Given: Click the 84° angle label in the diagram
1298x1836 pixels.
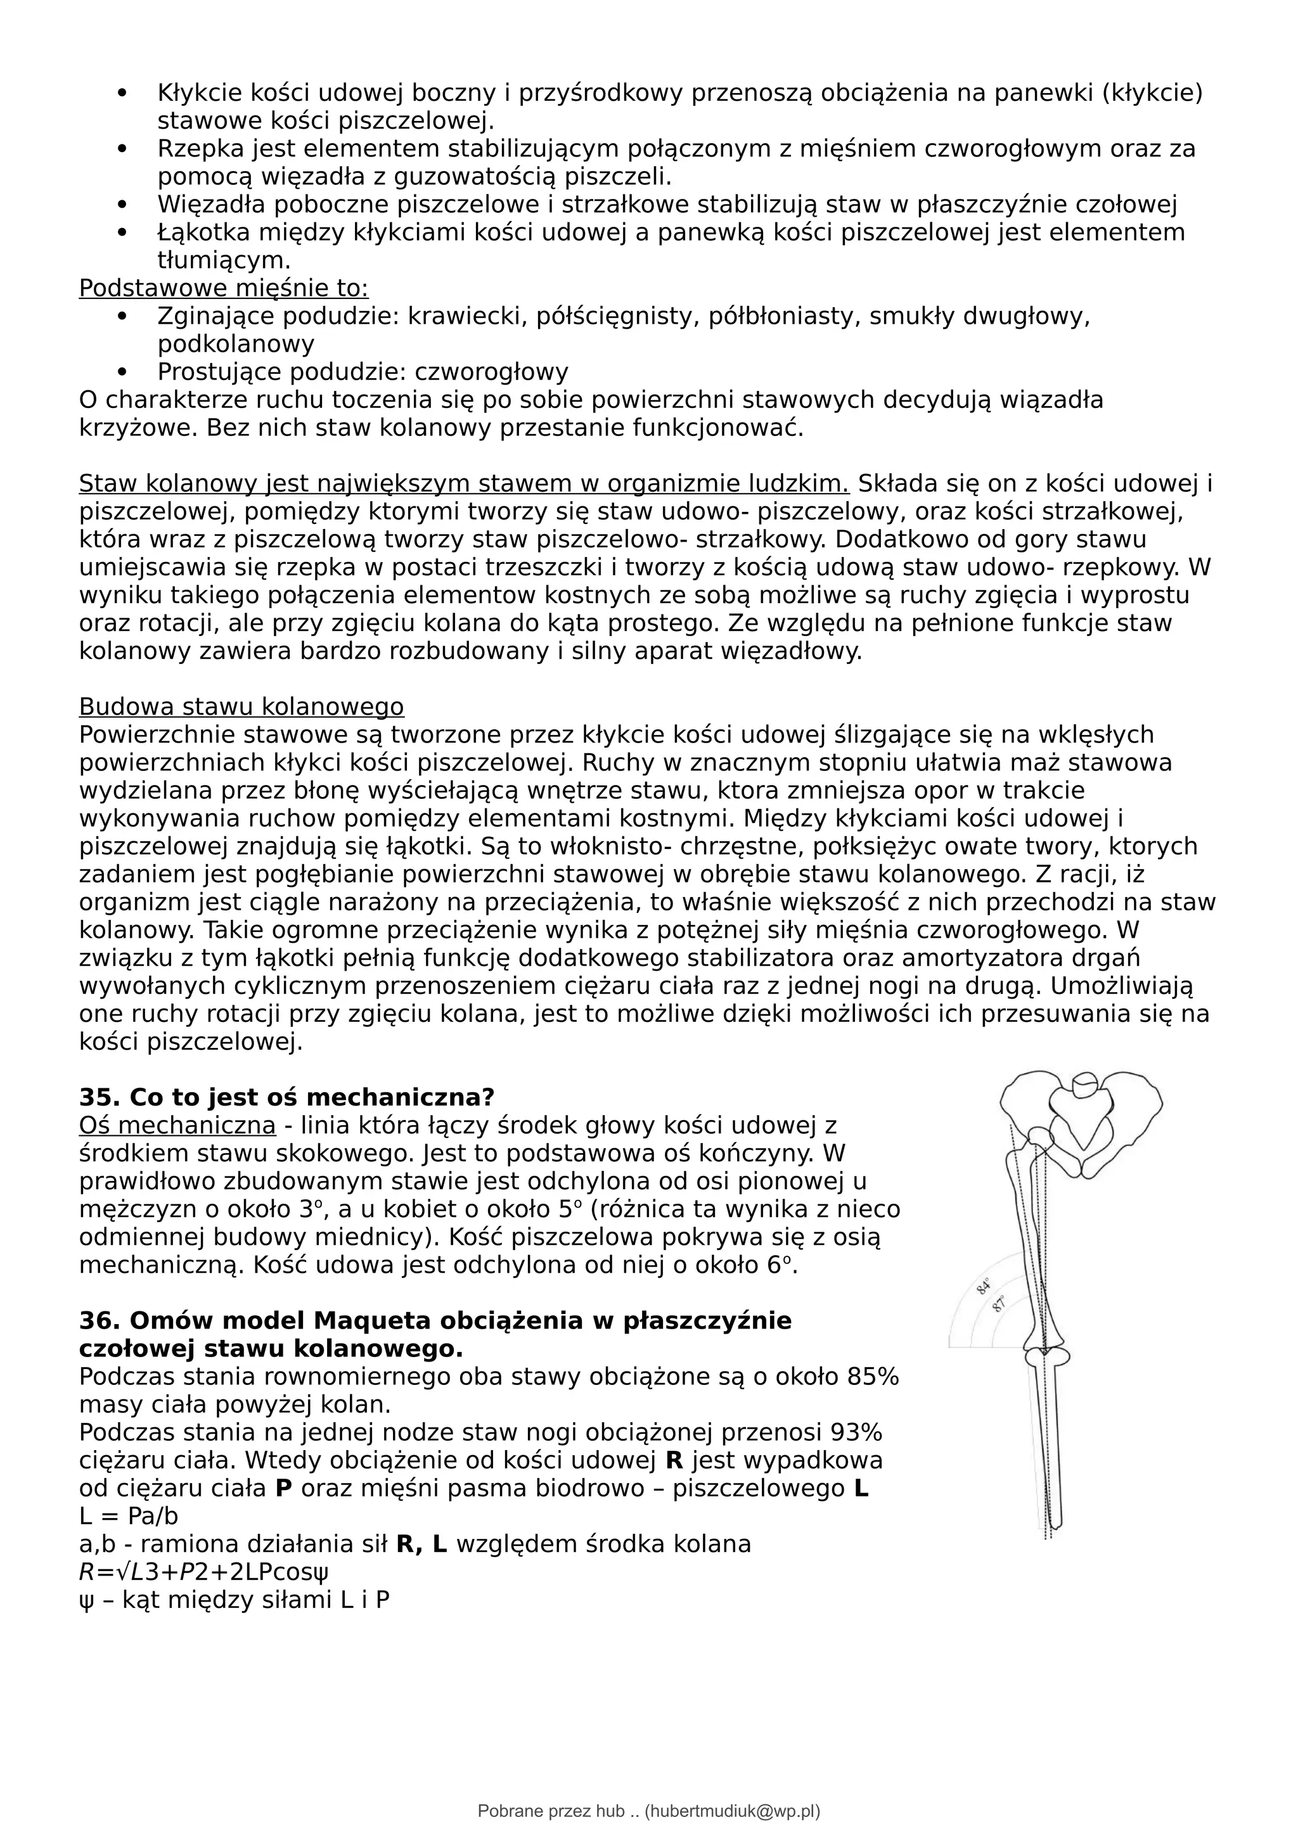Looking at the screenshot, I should point(984,1287).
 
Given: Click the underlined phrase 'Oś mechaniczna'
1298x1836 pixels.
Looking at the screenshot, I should point(177,1125).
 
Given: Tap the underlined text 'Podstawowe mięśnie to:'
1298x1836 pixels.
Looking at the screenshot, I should point(223,288).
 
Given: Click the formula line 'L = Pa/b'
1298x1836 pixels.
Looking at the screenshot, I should point(128,1515).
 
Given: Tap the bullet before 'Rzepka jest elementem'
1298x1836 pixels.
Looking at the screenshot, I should point(122,149).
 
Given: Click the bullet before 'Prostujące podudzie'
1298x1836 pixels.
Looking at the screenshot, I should point(122,372).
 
